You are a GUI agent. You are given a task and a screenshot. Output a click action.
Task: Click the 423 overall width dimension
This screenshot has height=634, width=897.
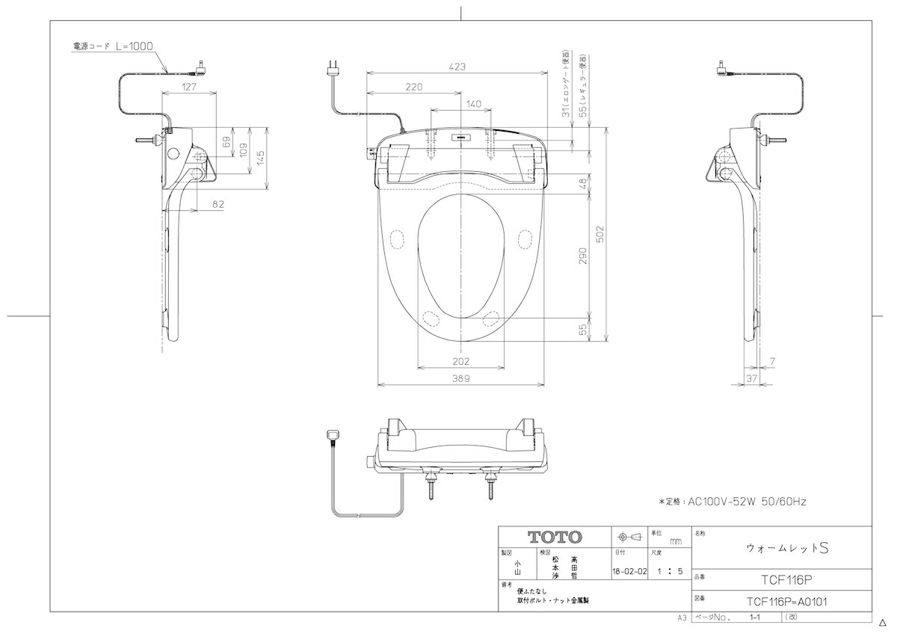(457, 67)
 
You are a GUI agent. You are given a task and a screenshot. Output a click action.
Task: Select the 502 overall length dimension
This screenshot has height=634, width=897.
(599, 234)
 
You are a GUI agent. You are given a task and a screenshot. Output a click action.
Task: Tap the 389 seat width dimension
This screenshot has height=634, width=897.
(461, 379)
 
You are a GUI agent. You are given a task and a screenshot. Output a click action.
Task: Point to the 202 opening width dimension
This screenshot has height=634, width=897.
(461, 362)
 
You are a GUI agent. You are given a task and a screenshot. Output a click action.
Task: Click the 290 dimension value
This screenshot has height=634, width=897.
(582, 256)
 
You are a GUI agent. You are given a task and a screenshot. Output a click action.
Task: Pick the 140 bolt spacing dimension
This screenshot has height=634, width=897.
(473, 104)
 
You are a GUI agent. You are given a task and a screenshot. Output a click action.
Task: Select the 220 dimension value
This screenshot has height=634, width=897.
(413, 87)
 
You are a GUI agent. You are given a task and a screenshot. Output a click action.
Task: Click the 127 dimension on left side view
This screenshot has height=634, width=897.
(189, 87)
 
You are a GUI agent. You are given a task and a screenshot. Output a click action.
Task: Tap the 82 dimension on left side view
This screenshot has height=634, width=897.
(218, 203)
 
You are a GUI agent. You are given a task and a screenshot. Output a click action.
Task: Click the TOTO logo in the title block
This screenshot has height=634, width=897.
(555, 537)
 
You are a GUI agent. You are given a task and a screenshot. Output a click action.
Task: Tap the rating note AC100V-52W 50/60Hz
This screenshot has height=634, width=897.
(732, 502)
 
